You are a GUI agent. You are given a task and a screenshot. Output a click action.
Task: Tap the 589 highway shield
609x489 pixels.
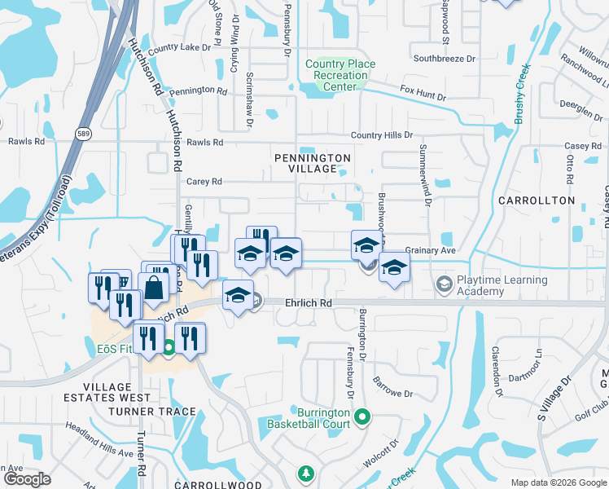84,133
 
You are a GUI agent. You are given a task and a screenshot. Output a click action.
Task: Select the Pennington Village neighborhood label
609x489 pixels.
313,163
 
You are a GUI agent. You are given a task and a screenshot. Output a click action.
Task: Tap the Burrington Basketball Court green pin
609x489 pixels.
365,419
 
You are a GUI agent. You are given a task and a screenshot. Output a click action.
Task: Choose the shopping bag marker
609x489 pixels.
154,288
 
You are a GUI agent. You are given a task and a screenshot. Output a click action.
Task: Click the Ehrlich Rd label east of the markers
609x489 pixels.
309,302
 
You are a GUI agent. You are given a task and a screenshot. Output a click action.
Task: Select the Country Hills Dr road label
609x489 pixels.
382,135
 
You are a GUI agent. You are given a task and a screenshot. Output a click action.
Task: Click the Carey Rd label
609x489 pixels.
204,182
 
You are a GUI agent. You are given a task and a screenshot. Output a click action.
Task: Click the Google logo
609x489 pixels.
27,479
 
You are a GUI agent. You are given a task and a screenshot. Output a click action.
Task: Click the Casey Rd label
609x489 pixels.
582,146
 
